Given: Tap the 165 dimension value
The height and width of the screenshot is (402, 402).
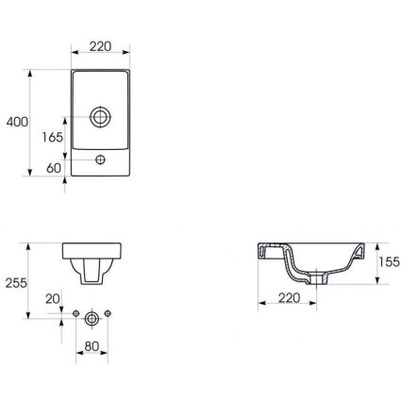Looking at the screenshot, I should click(x=53, y=138).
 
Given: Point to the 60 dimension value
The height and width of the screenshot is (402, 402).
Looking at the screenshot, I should click(x=54, y=168).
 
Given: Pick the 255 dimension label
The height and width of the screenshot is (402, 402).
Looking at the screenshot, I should click(x=16, y=282).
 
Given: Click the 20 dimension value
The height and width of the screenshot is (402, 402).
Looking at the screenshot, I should click(x=53, y=298).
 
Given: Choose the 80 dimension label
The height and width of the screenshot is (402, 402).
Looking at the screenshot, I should click(x=92, y=346).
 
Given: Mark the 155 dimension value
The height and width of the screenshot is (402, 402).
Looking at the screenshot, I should click(x=388, y=262).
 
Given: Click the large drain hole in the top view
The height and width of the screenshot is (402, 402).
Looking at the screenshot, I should click(x=100, y=118).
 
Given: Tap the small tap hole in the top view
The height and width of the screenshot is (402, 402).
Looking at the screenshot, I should click(x=101, y=161).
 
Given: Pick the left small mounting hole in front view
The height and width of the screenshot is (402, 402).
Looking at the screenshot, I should click(x=74, y=313).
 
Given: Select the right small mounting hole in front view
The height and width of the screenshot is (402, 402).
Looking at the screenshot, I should click(x=109, y=313).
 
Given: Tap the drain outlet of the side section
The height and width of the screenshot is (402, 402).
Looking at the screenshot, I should click(x=314, y=279).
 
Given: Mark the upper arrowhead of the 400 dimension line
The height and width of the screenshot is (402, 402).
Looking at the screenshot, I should click(x=33, y=72).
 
